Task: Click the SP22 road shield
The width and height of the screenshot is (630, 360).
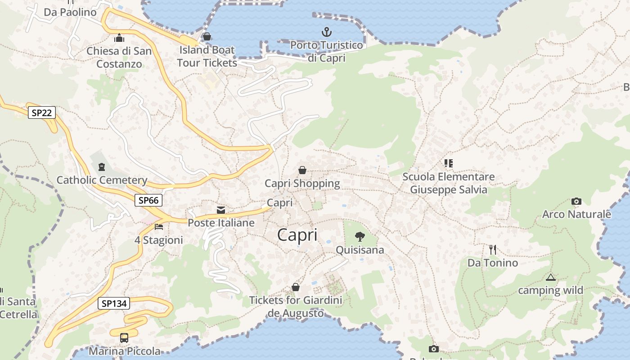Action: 41,112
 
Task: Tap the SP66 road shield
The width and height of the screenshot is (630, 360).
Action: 148,200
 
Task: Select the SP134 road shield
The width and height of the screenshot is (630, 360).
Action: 114,304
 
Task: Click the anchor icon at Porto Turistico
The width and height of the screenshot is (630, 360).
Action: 327,32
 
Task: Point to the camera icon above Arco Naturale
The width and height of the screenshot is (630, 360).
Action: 576,201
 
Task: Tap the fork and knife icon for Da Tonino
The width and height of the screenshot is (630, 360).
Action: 493,249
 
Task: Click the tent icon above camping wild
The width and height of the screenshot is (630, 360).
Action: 550,277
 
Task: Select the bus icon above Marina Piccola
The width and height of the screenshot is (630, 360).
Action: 124,337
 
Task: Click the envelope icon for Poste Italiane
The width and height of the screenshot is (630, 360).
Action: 221,210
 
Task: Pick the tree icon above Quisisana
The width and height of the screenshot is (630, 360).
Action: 360,236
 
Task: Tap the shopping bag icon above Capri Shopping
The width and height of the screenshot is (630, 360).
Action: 302,170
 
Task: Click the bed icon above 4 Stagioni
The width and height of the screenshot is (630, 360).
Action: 158,226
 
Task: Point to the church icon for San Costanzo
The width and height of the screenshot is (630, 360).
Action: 119,38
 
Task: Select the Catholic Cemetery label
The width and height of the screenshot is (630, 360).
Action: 102,180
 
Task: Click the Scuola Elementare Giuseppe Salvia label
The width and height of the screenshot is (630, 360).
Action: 449,183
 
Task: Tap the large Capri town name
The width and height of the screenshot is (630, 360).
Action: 297,235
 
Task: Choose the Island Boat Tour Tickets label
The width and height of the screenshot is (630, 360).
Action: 207,56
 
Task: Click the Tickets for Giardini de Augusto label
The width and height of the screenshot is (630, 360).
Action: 296,306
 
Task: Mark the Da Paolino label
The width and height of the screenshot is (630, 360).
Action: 70,12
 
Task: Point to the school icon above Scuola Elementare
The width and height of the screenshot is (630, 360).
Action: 448,163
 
